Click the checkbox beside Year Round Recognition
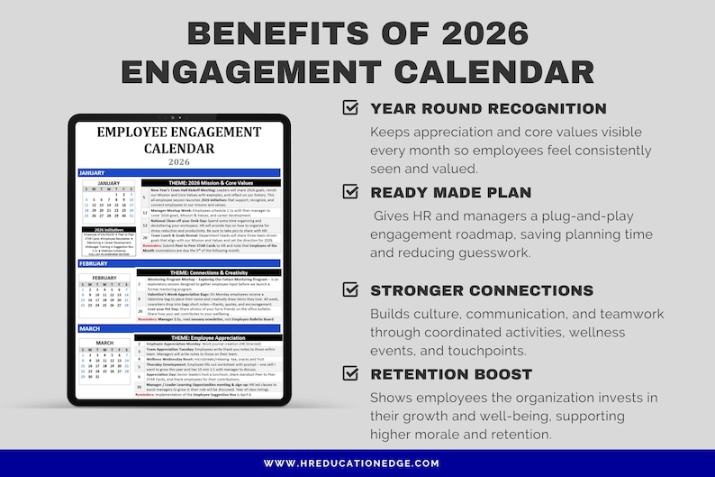(351, 108)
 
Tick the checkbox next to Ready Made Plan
(351, 191)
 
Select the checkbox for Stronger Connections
(351, 289)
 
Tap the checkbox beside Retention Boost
(351, 372)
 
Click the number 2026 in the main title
(468, 32)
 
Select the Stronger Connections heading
(482, 290)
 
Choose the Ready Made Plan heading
(451, 192)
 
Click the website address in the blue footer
(357, 463)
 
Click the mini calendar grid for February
(105, 294)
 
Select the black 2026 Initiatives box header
(106, 229)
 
